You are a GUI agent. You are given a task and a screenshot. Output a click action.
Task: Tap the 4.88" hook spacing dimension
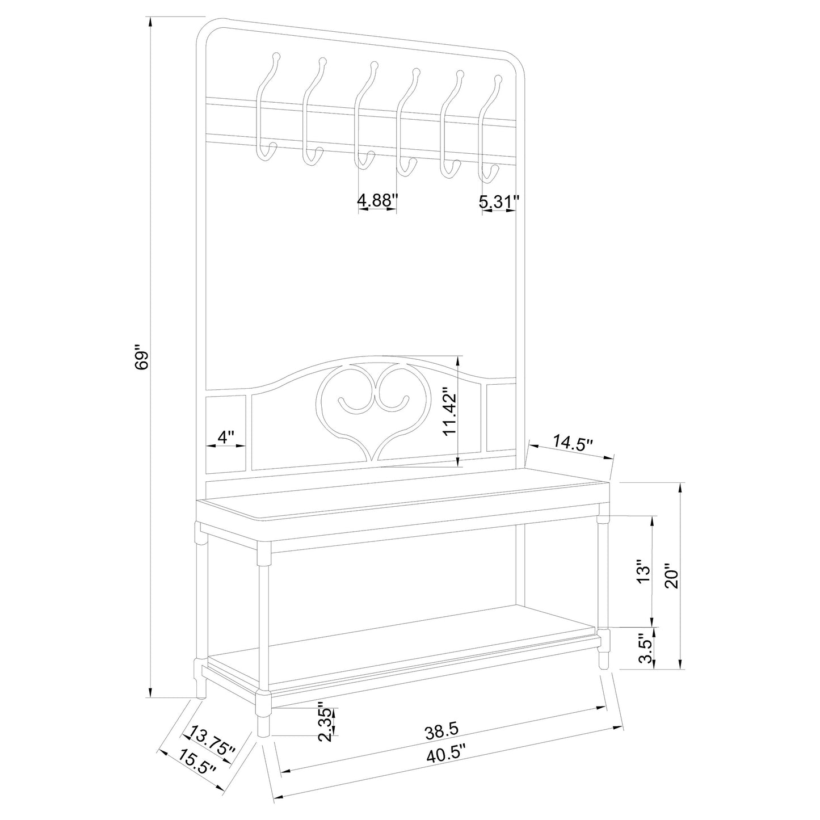[377, 200]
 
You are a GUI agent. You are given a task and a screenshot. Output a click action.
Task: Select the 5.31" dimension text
[499, 201]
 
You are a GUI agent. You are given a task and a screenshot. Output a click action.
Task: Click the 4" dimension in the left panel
[226, 438]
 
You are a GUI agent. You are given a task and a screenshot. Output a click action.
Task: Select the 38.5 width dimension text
[442, 732]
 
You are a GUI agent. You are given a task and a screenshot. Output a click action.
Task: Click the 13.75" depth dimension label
[213, 741]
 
